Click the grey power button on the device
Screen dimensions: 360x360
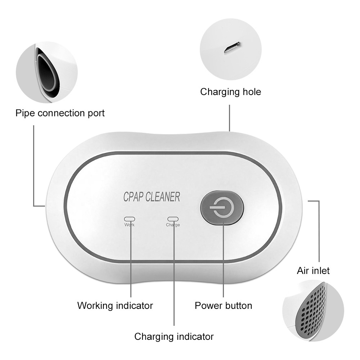(x=222, y=208)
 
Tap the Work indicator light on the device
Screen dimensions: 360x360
(x=129, y=219)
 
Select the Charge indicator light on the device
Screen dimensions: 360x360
(x=173, y=219)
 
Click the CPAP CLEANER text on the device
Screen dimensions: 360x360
(x=152, y=197)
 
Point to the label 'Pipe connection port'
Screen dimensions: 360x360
(x=60, y=113)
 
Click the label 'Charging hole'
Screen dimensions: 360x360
(x=230, y=92)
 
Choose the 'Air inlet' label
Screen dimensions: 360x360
(x=313, y=270)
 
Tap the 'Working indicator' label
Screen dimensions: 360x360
(x=115, y=306)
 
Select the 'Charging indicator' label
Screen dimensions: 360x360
(x=174, y=337)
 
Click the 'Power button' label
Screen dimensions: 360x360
(x=223, y=306)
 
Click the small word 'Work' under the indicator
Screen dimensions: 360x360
(x=129, y=225)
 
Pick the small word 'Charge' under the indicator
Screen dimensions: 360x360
(x=173, y=225)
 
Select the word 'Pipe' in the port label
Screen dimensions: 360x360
(x=25, y=113)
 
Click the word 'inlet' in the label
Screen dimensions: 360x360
(x=320, y=270)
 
